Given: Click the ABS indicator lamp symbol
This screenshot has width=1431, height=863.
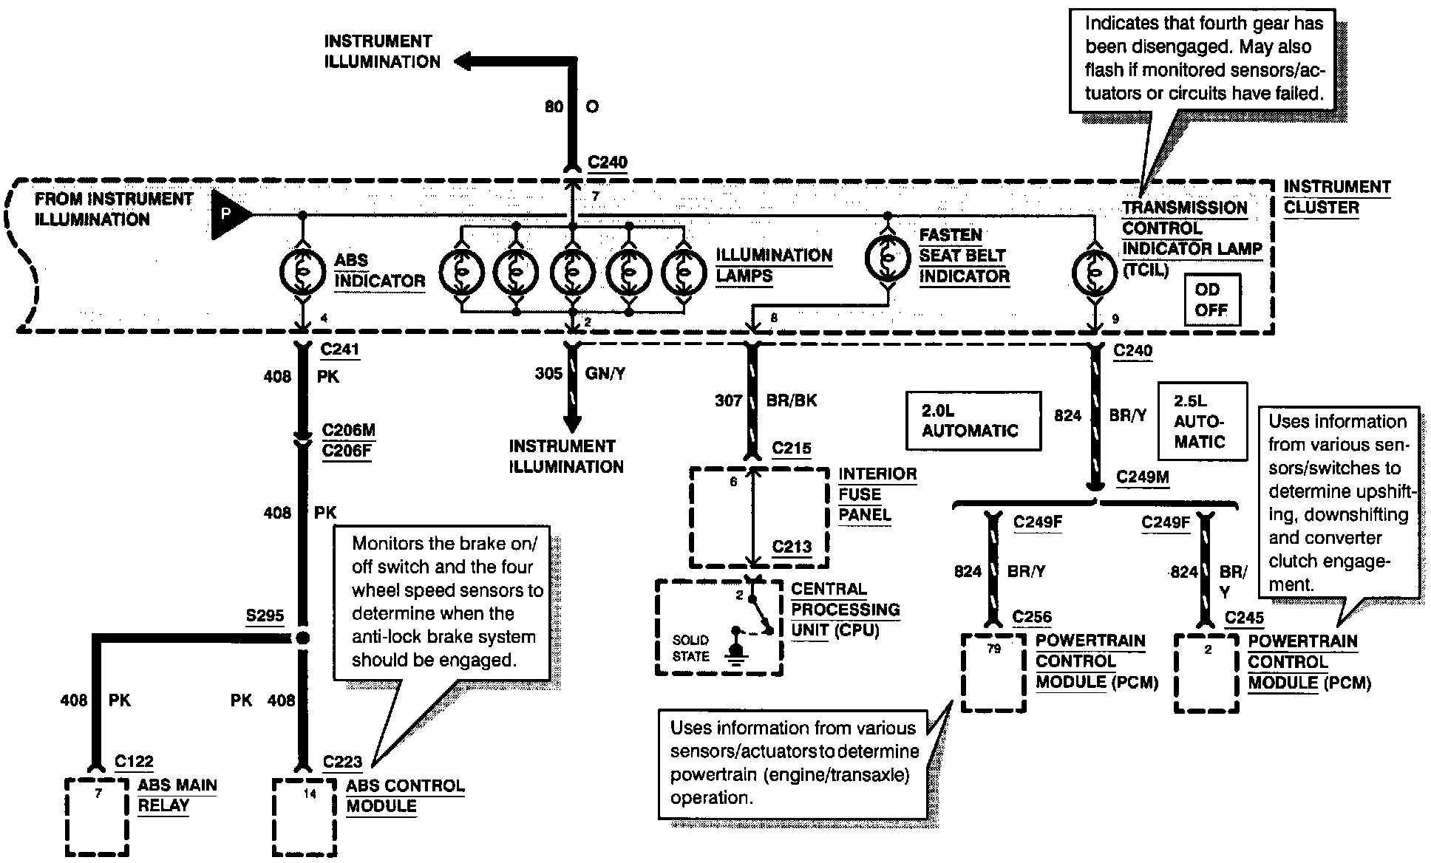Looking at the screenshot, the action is (302, 272).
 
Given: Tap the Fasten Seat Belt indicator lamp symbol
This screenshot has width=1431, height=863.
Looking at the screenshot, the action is (887, 257).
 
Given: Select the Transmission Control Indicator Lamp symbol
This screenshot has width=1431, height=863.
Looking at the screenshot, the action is (1094, 272).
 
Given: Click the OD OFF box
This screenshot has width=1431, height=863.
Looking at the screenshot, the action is (1211, 300).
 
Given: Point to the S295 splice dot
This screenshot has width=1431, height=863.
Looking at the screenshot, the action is (302, 638).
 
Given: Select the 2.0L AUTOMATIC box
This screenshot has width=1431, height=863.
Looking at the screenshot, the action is (973, 420).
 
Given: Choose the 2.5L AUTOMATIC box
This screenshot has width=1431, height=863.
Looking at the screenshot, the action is (1203, 421).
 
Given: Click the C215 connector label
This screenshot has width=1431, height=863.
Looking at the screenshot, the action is (792, 448).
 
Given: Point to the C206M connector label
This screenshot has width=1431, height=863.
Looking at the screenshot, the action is (349, 430).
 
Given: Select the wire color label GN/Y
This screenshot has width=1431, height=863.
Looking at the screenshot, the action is (605, 374).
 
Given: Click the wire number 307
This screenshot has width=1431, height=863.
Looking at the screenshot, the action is (728, 400).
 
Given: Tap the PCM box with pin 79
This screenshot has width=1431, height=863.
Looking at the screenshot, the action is (993, 672).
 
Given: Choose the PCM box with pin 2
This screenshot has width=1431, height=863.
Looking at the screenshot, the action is (1206, 673).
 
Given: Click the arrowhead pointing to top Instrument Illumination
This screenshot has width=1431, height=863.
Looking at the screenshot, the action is (465, 62).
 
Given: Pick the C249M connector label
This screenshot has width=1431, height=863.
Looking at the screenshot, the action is (1143, 477).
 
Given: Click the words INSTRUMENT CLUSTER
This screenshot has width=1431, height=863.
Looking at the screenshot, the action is (1337, 197).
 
